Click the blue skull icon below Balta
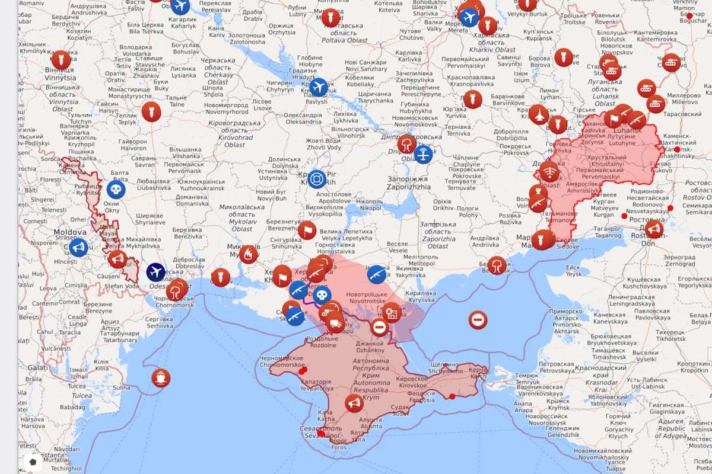pos(116,190)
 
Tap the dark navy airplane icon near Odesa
pos(156,272)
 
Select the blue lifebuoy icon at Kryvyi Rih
pos(317,178)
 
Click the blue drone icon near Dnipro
pos(423,155)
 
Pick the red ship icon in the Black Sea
pos(161,377)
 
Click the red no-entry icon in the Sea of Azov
pos(478,320)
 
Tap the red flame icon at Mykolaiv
pos(249,254)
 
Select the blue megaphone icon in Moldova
pos(78,247)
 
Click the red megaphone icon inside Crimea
pos(354,403)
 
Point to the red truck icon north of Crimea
pos(335,323)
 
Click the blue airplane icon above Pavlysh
pos(319,87)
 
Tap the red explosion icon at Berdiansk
pos(497,265)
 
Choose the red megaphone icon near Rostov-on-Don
pos(654,229)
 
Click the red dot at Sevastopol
pos(321,434)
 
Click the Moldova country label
pos(71,232)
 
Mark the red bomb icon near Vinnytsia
pos(61,60)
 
